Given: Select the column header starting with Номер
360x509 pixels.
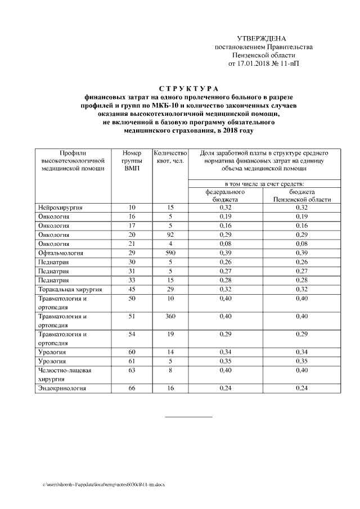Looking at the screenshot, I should click(132, 160).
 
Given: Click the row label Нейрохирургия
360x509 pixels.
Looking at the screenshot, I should click(60, 208).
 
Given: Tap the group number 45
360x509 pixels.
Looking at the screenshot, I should click(132, 289).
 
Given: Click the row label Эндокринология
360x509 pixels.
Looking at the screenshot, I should click(62, 388).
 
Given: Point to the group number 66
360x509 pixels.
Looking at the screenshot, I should click(132, 388).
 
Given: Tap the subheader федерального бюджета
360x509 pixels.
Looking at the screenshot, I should click(225, 195).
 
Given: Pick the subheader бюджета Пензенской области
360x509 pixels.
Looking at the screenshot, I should click(301, 195).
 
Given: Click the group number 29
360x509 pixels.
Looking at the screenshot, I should click(132, 253).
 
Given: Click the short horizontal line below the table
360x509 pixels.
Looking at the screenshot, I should click(188, 417).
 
